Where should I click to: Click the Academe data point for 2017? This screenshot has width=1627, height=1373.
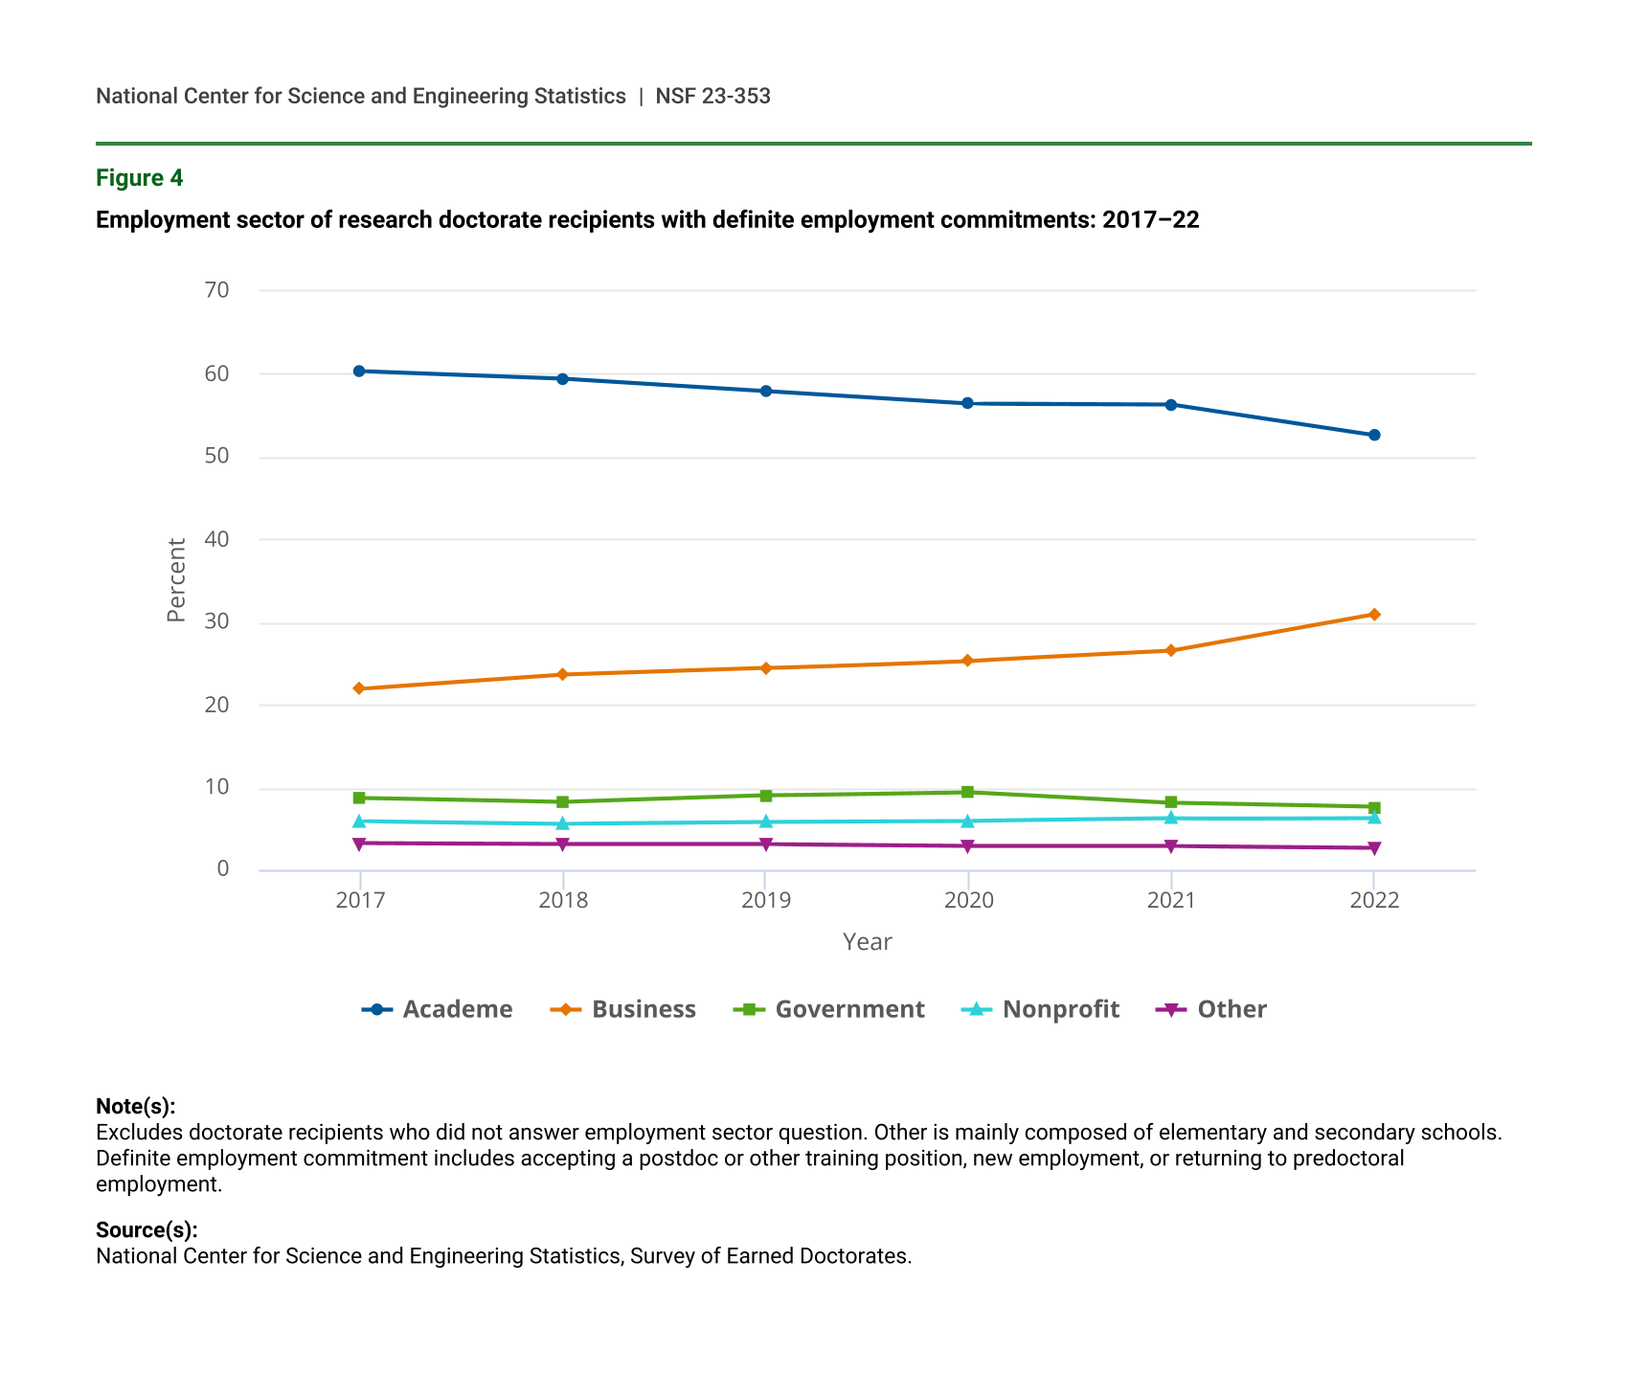(359, 371)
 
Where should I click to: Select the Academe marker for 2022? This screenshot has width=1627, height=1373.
(1374, 435)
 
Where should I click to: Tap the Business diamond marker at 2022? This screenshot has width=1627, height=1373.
(1374, 614)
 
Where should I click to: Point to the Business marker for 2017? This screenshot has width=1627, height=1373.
(359, 688)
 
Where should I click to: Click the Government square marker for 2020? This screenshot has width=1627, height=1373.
(968, 792)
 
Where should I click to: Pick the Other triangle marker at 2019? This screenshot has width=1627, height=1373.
(765, 844)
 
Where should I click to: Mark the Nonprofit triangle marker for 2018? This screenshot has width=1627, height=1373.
(562, 823)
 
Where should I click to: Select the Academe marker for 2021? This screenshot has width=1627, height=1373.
(1171, 404)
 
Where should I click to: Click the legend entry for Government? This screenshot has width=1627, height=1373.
(829, 1009)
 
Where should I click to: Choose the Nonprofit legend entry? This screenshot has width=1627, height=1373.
(1041, 1009)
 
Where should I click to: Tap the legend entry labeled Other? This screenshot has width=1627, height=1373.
(1212, 1009)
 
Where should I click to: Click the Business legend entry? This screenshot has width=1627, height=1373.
(623, 1009)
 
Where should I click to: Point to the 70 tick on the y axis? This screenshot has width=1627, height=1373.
(217, 290)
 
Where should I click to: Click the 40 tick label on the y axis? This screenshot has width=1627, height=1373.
(217, 539)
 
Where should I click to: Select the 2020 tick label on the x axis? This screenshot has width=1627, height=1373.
(968, 901)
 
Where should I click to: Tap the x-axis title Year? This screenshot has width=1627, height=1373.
(867, 942)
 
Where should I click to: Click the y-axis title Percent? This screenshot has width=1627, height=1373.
(176, 580)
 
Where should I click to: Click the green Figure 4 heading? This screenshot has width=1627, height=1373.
(140, 178)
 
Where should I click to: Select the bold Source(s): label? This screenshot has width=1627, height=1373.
(147, 1230)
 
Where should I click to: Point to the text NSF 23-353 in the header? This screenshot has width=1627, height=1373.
(713, 96)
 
